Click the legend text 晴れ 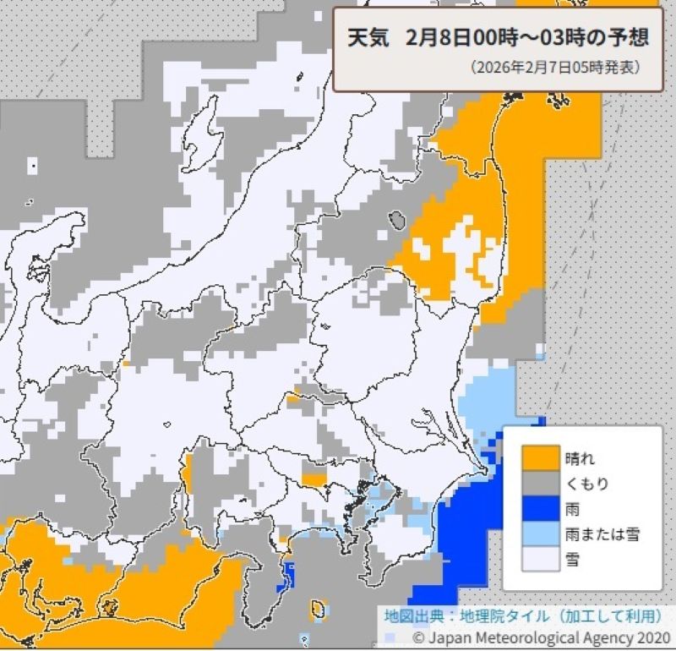tap(581, 459)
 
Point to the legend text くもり tap(586, 484)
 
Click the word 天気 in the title tap(368, 38)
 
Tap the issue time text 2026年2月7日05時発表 tap(555, 66)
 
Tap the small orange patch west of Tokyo tap(313, 479)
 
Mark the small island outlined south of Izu tap(319, 609)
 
